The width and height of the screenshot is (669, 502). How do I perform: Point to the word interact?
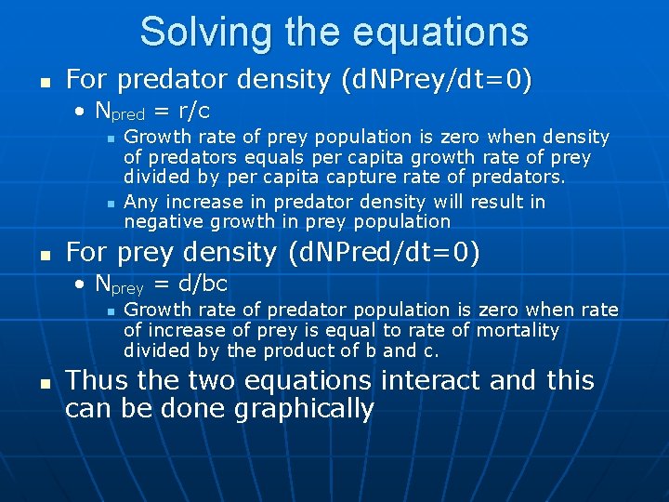point(438,380)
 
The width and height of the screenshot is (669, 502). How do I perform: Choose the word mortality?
point(518,330)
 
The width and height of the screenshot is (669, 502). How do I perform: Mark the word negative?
point(160,221)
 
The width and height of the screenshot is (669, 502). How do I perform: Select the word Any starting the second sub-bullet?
point(139,202)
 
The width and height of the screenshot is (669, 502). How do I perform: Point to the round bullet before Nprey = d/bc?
point(84,284)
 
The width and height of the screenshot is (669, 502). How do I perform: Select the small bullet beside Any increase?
point(111,203)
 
